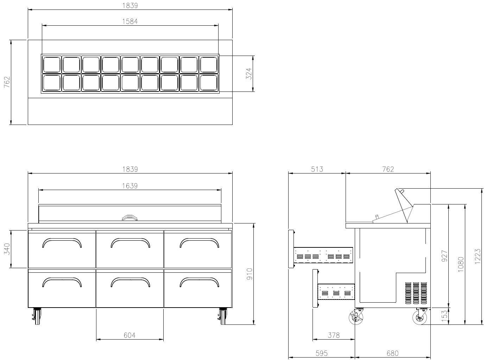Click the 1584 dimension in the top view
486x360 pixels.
[x=130, y=21]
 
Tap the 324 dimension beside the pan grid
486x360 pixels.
[x=249, y=74]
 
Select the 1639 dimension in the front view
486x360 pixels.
[x=130, y=186]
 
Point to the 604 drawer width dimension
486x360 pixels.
[x=130, y=335]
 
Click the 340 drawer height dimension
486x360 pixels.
[x=7, y=249]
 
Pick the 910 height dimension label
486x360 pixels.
[x=250, y=274]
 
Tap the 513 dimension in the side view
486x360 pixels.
[x=317, y=169]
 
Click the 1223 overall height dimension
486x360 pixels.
[x=478, y=256]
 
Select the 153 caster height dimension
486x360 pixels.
[x=444, y=316]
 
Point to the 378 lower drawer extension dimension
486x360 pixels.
[x=334, y=335]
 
